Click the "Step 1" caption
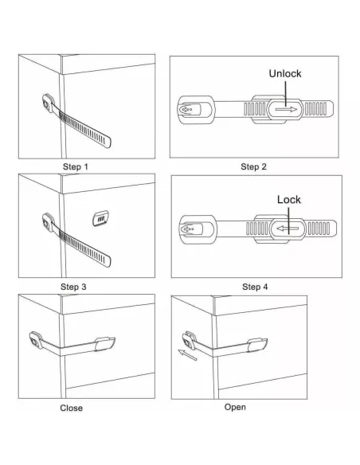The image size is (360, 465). [x=76, y=167]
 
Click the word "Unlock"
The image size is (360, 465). [x=284, y=73]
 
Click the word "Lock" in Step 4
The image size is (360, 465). [x=288, y=199]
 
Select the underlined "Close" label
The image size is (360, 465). [x=71, y=408]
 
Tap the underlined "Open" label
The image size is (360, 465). [x=235, y=407]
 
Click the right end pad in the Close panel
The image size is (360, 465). [x=107, y=342]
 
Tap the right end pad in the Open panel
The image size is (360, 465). [x=258, y=343]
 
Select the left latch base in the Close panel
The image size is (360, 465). [x=37, y=341]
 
